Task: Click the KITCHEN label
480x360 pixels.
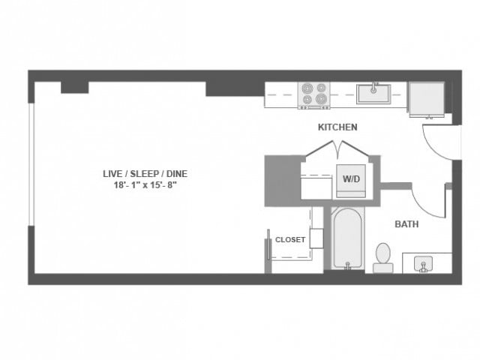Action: [337, 127]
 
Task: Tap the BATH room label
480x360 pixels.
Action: [407, 223]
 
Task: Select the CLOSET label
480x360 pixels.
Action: [290, 240]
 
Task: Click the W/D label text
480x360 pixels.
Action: [351, 179]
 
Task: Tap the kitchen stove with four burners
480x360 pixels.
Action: [314, 96]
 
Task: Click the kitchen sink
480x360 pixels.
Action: [372, 94]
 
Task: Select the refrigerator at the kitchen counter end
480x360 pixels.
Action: [426, 97]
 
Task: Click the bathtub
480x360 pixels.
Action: [346, 238]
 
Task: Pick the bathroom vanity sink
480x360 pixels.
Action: [426, 264]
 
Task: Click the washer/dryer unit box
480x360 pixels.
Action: [351, 181]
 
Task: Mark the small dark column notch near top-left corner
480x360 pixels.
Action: [74, 88]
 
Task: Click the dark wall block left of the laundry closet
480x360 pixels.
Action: [281, 180]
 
